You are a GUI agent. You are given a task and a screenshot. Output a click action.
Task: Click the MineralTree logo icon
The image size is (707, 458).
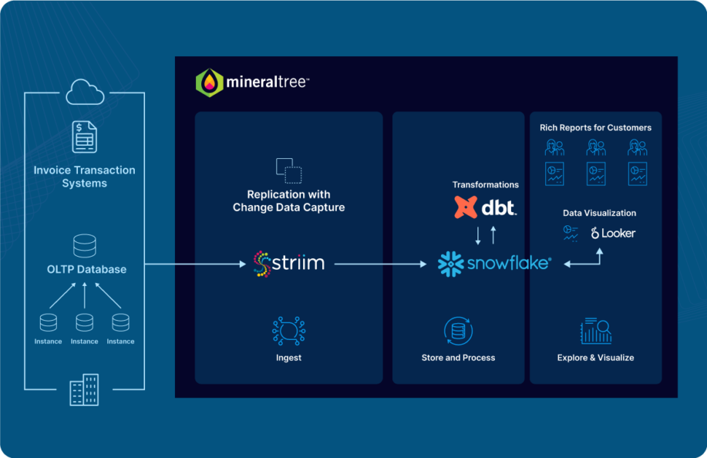click(x=209, y=82)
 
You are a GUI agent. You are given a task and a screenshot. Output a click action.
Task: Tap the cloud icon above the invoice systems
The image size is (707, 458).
click(x=85, y=93)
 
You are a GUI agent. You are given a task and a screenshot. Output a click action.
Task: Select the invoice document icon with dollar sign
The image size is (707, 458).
click(x=85, y=137)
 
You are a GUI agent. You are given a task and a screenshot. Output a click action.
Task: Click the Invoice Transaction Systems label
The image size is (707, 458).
click(x=85, y=176)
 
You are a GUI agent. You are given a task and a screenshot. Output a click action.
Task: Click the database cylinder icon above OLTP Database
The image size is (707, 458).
click(x=85, y=246)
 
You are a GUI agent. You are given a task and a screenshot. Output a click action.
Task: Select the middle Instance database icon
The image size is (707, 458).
click(x=85, y=322)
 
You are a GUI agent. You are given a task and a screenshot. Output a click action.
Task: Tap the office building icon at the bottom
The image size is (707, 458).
click(x=85, y=389)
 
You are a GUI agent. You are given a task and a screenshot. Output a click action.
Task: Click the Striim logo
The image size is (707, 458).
click(x=289, y=263)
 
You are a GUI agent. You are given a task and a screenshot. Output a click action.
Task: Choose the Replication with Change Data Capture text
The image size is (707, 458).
click(x=289, y=201)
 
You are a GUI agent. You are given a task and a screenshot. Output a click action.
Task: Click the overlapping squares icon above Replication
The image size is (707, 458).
click(x=289, y=170)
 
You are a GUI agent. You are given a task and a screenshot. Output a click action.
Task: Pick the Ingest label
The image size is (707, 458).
click(x=289, y=357)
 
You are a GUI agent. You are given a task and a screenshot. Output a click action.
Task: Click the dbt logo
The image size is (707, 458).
click(x=485, y=208)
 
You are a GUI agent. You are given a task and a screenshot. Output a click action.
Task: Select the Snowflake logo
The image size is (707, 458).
click(x=494, y=263)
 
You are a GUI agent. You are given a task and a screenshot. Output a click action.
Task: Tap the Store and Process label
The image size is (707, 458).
click(x=458, y=357)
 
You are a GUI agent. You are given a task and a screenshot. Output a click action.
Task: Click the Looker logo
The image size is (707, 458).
click(x=613, y=233)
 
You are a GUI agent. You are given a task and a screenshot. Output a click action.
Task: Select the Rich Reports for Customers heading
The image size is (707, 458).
click(x=595, y=128)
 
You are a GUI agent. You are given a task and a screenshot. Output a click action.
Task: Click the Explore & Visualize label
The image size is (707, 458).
click(x=595, y=357)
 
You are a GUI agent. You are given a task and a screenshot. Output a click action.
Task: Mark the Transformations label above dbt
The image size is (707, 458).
click(x=485, y=185)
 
